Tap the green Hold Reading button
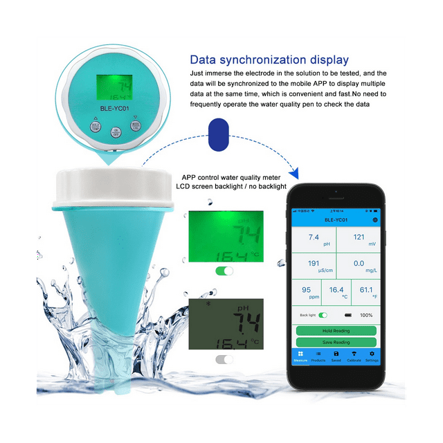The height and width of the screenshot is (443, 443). pos(336,331)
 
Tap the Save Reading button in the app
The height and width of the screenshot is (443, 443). pos(336,342)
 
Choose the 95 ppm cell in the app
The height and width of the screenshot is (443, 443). pos(306,293)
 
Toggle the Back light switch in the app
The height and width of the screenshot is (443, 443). pos(323,315)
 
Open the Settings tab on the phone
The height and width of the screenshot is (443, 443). pos(372,356)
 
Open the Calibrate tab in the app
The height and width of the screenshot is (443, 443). pos(354,356)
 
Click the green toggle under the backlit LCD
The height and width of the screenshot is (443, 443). pos(224,271)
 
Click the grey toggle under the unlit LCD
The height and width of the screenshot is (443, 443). pos(224,359)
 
